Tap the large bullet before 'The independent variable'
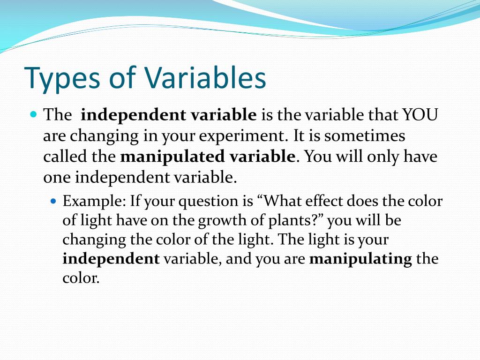[x=33, y=114]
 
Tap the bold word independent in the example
[x=111, y=259]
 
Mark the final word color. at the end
[x=81, y=278]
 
